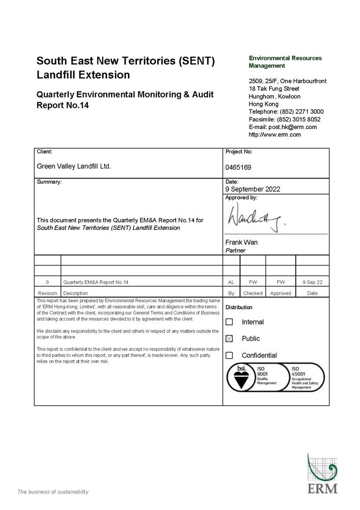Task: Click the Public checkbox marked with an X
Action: [229, 339]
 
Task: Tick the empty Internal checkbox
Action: [229, 322]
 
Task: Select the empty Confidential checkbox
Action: [229, 356]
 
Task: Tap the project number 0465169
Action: [238, 167]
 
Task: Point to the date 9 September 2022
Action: [253, 189]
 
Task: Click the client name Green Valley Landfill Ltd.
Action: [74, 166]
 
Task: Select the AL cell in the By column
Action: [231, 282]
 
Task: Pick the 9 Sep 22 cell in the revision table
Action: [312, 282]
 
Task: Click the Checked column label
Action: [253, 293]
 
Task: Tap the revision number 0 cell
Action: [47, 282]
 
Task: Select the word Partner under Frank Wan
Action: [235, 251]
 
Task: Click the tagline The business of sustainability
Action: [53, 492]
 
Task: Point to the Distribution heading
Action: [239, 307]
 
